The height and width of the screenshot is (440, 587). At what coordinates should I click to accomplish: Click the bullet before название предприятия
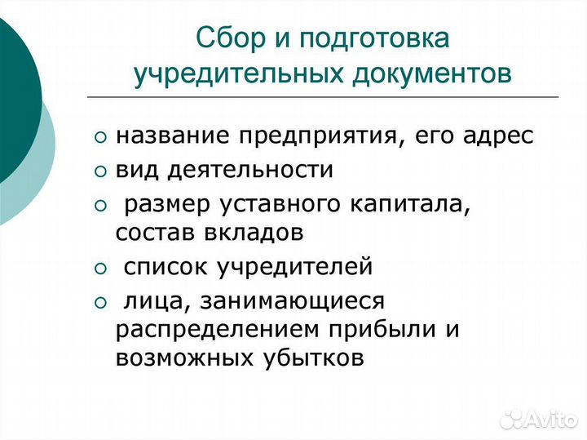(100, 137)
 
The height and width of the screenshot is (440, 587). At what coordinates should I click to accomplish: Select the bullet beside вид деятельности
(100, 171)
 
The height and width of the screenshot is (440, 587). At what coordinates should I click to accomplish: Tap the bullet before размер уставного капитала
(100, 204)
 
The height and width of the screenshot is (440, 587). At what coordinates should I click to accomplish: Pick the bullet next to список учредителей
(100, 267)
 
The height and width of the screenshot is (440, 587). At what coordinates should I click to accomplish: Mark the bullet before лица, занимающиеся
(100, 303)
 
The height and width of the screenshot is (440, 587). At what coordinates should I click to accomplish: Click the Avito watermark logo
(538, 419)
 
